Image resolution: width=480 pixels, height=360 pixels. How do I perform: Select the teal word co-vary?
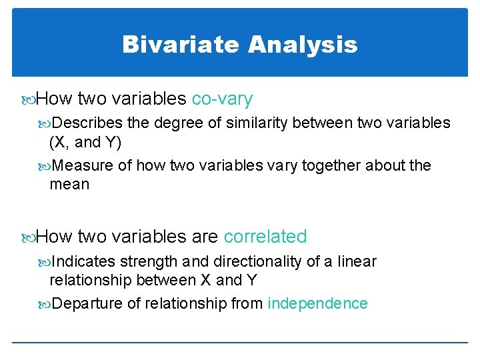tap(222, 99)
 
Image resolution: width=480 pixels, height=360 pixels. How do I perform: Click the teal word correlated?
tap(265, 237)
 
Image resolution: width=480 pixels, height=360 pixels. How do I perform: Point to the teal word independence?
tap(317, 303)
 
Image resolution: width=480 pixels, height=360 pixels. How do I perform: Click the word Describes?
tap(87, 123)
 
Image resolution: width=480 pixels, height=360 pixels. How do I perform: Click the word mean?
tap(69, 184)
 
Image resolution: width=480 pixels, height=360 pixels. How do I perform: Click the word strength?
tap(147, 261)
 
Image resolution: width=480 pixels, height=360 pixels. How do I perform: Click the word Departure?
tap(87, 303)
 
